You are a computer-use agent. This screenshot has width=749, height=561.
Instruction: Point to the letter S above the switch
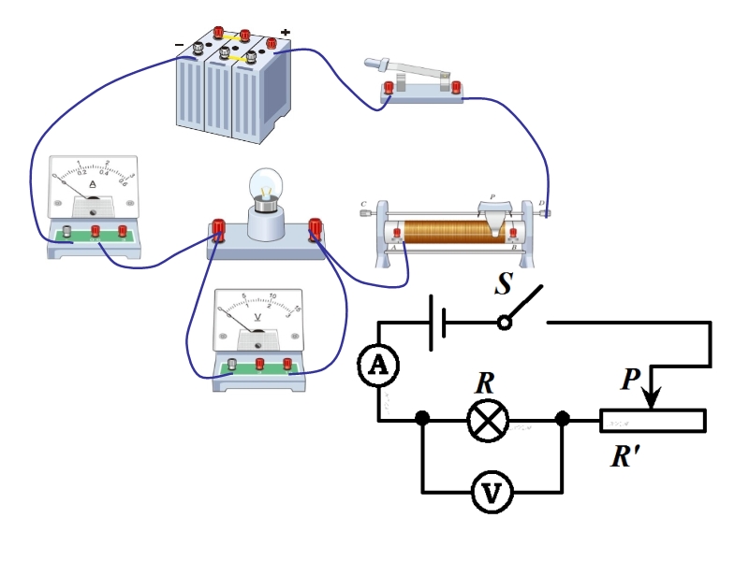[x=503, y=284]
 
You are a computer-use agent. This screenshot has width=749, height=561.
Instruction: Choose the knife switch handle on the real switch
[x=393, y=68]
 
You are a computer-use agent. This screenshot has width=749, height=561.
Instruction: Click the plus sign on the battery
[x=285, y=33]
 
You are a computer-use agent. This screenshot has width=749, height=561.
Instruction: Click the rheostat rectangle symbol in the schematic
[x=653, y=421]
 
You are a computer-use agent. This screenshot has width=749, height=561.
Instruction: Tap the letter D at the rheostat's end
[x=541, y=203]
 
